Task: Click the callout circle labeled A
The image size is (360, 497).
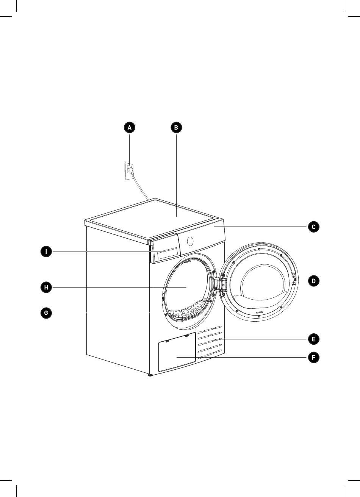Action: (129, 128)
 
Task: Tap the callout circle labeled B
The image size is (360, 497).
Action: (176, 128)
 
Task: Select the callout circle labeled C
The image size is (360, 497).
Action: (314, 227)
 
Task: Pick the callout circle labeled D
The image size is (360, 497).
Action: (314, 281)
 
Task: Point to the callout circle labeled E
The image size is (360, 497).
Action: (314, 339)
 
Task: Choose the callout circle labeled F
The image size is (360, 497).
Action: (314, 358)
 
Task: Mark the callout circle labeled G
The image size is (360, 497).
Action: (46, 313)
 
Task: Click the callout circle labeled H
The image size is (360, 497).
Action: (46, 287)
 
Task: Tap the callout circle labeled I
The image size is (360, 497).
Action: (46, 252)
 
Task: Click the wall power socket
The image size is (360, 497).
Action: (129, 171)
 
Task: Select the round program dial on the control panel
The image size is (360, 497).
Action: (190, 241)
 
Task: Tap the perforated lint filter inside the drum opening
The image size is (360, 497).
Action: (188, 309)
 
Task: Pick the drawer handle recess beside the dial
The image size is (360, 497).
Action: (167, 253)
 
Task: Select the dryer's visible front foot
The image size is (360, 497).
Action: (150, 376)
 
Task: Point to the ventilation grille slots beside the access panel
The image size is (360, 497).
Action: (210, 342)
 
